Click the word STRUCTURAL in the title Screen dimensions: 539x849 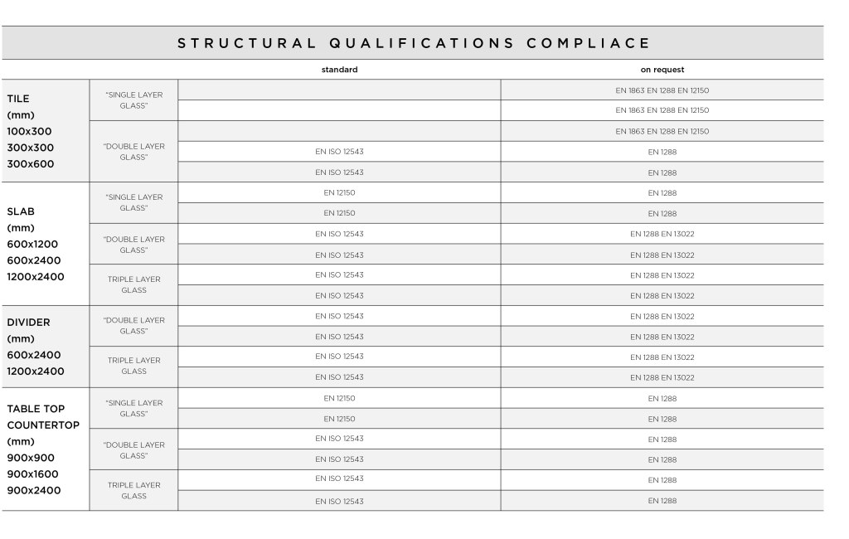pyautogui.click(x=247, y=43)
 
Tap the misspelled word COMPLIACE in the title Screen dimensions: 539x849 pyautogui.click(x=588, y=43)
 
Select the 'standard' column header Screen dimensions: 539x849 pyautogui.click(x=339, y=70)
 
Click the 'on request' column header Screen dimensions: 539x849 pyautogui.click(x=662, y=70)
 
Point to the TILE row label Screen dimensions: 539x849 pyautogui.click(x=18, y=99)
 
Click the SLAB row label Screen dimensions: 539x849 pyautogui.click(x=21, y=211)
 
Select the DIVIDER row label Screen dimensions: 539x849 pyautogui.click(x=28, y=323)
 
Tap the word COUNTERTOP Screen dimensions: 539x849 pyautogui.click(x=43, y=425)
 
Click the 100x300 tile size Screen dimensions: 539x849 pyautogui.click(x=30, y=131)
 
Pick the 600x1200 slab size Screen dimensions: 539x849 pyautogui.click(x=32, y=244)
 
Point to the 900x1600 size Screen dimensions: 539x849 pyautogui.click(x=33, y=474)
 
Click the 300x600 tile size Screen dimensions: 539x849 pyautogui.click(x=30, y=164)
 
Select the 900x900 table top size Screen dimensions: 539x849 pyautogui.click(x=30, y=458)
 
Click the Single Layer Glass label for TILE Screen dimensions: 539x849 pyautogui.click(x=133, y=100)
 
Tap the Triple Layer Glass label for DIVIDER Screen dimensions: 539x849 pyautogui.click(x=133, y=366)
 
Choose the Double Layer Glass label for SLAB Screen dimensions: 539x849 pyautogui.click(x=133, y=245)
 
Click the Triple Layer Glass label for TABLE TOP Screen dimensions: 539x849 pyautogui.click(x=133, y=490)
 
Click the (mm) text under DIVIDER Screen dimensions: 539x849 pyautogui.click(x=20, y=338)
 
